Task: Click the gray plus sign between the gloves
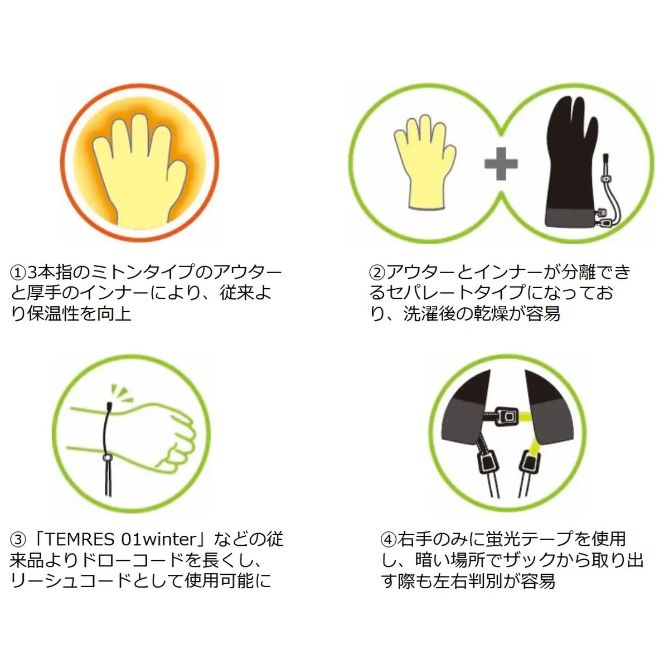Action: tap(501, 163)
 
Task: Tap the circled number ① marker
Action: tap(18, 273)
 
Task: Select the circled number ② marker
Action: tap(377, 273)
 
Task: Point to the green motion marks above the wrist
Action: tap(122, 394)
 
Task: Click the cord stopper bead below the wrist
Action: tap(106, 458)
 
